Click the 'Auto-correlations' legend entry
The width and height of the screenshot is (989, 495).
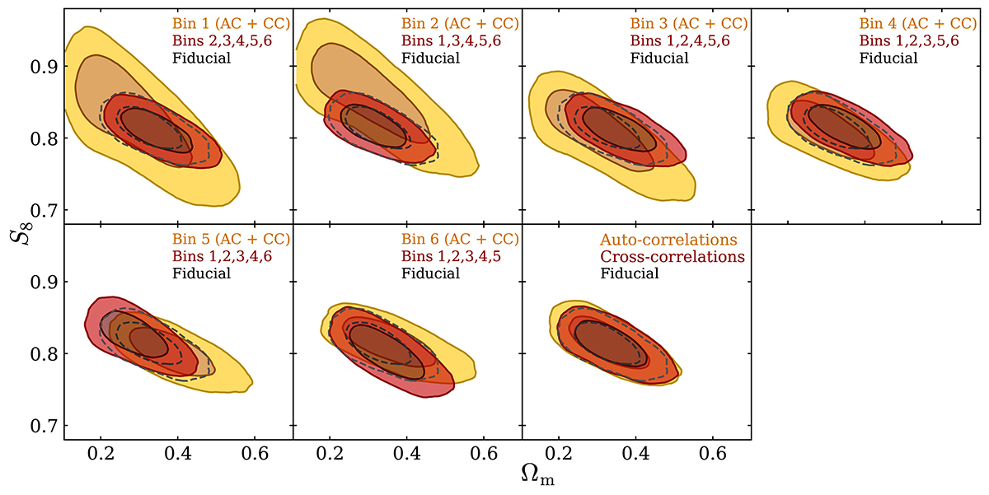(x=668, y=240)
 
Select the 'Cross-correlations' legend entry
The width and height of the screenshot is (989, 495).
(x=673, y=257)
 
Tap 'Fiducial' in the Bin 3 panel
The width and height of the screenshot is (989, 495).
(x=659, y=58)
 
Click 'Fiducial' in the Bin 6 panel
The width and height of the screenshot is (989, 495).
(x=429, y=273)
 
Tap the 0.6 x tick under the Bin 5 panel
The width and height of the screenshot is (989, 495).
(x=255, y=452)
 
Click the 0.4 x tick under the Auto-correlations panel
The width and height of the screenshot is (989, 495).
(x=636, y=452)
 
